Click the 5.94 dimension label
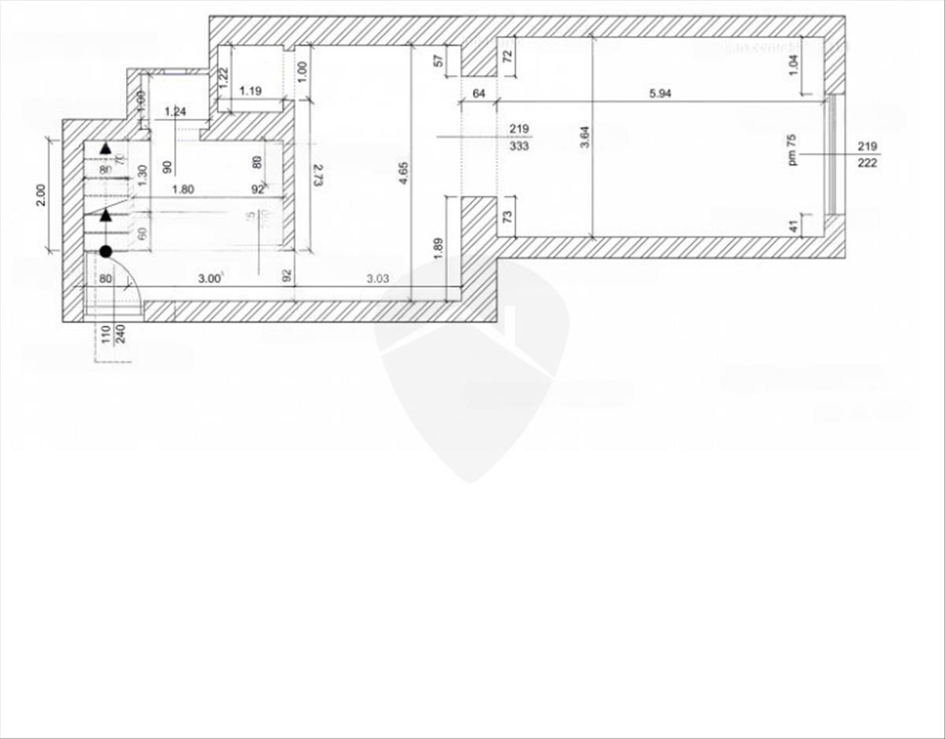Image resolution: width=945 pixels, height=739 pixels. [x=661, y=94]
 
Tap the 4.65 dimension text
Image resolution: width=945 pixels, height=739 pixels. [x=403, y=173]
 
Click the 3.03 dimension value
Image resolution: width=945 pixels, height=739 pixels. [x=378, y=277]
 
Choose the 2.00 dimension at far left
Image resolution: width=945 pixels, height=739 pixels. [x=41, y=195]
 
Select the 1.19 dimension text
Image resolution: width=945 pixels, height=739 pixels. [x=250, y=91]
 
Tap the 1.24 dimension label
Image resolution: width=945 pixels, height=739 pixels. [x=176, y=112]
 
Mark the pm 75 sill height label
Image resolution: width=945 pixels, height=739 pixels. [x=792, y=149]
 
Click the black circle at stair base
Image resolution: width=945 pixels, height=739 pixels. [x=105, y=251]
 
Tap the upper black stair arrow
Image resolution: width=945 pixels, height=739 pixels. [x=106, y=147]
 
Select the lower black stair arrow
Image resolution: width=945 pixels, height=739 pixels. [x=106, y=214]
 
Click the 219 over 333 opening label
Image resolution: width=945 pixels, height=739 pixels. [x=519, y=137]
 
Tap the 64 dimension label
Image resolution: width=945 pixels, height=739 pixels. [x=478, y=94]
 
